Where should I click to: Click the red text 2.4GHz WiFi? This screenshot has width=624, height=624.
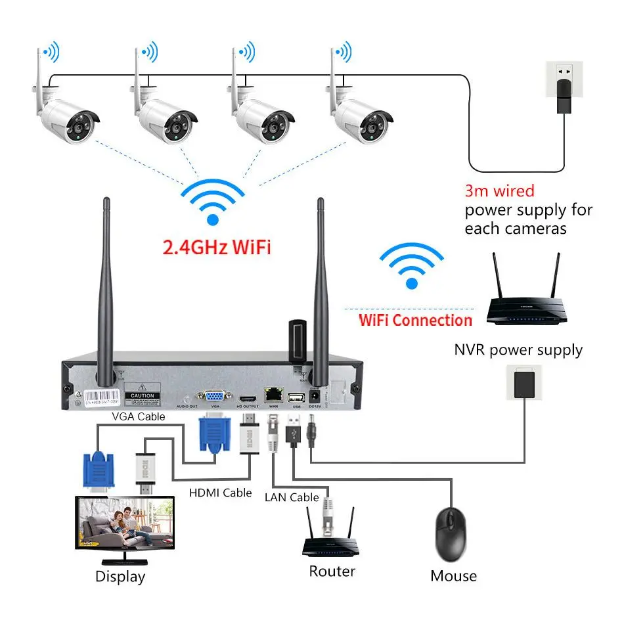coord(216,248)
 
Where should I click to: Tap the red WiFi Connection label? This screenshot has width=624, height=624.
coord(415,321)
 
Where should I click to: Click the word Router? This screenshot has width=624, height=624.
coord(332,571)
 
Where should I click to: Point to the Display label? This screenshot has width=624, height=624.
coord(120,577)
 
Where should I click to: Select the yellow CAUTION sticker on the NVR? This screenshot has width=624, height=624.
coord(143,397)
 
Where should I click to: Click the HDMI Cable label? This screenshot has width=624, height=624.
coord(221,492)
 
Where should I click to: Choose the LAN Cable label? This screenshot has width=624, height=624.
coord(292,497)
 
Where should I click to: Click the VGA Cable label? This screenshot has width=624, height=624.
coord(138,416)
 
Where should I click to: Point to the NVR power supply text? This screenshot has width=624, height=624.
coord(518,349)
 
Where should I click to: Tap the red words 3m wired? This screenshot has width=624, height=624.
coord(499,191)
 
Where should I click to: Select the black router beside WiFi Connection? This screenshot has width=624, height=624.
coord(524,302)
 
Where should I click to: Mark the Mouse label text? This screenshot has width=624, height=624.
coord(453,576)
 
